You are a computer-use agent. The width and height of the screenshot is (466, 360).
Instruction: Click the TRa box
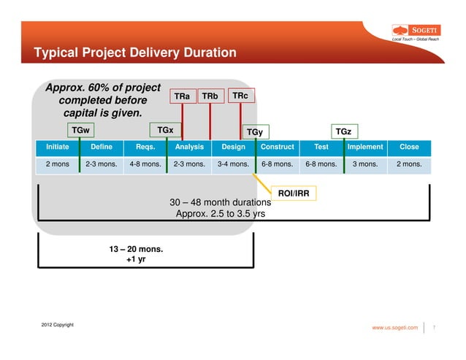[x=183, y=96]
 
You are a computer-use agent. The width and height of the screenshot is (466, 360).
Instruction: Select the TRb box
[x=210, y=96]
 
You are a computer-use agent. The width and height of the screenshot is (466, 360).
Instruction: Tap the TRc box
[x=240, y=96]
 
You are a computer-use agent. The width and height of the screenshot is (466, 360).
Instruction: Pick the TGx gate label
[x=166, y=130]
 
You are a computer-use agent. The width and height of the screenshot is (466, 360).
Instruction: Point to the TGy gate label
[x=255, y=131]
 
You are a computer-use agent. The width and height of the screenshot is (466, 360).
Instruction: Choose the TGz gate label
[x=343, y=131]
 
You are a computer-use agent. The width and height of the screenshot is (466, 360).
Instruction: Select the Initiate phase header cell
[x=58, y=147]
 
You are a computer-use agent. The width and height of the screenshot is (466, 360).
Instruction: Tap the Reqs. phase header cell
[x=145, y=147]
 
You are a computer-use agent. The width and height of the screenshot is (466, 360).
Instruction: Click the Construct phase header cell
[x=277, y=147]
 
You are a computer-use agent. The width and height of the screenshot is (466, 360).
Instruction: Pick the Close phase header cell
[x=409, y=147]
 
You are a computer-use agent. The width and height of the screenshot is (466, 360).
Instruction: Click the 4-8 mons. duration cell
[x=145, y=164]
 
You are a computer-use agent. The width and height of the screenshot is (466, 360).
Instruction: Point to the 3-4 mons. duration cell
[x=233, y=164]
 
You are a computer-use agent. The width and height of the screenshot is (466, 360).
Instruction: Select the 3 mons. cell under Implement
[x=364, y=164]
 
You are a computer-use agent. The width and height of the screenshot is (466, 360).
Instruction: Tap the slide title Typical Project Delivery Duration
[x=131, y=53]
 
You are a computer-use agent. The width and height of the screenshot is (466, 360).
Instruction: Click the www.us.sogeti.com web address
[x=395, y=328]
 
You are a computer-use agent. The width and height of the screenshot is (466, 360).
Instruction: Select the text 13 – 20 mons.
[x=136, y=249]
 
